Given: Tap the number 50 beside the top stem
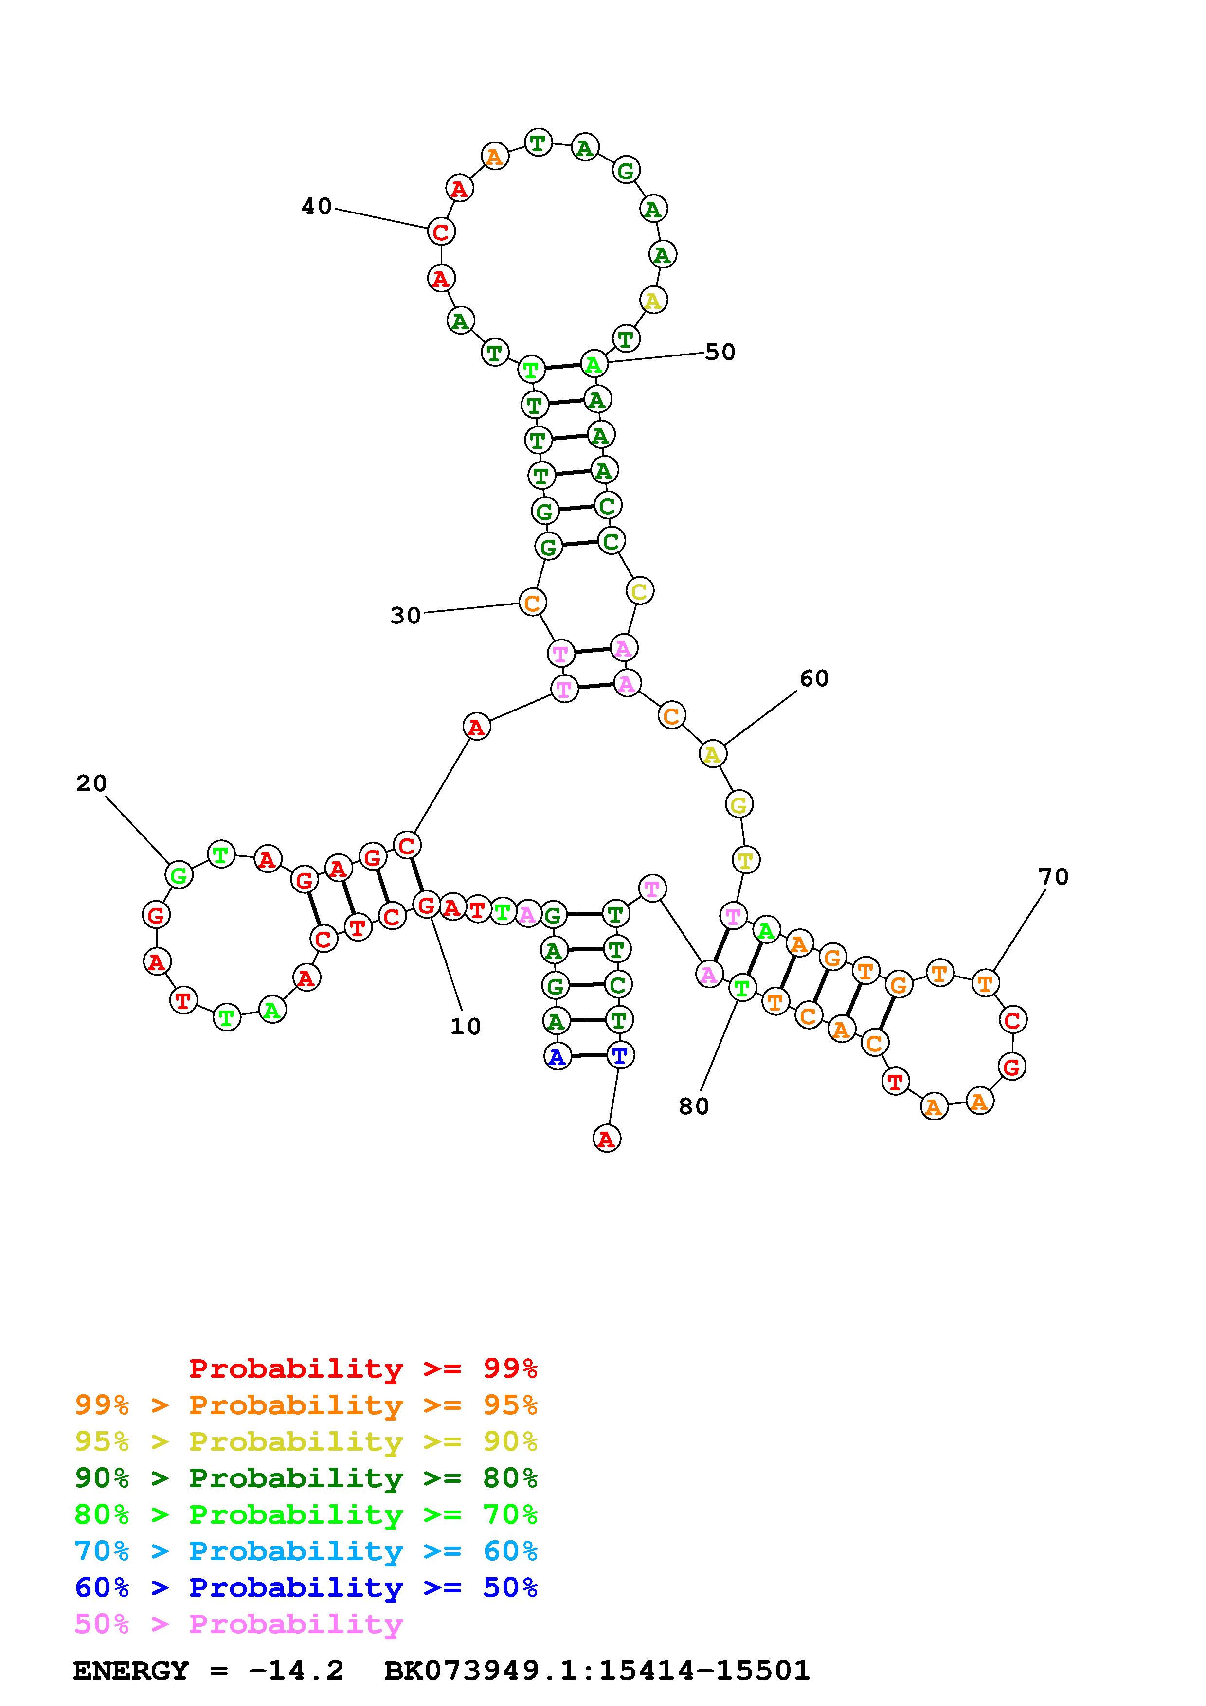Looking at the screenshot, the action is (x=720, y=352).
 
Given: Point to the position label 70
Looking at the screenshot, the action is (x=1053, y=877).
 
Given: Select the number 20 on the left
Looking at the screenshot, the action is (x=91, y=783).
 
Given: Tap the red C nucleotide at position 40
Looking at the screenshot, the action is (x=441, y=232).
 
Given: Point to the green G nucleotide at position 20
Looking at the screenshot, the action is (x=179, y=875).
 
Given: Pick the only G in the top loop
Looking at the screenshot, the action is (x=626, y=171).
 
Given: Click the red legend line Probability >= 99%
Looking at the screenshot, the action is (x=363, y=1368).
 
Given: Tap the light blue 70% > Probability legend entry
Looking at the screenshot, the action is (x=306, y=1551).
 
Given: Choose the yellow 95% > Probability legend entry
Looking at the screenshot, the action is (x=306, y=1441).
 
